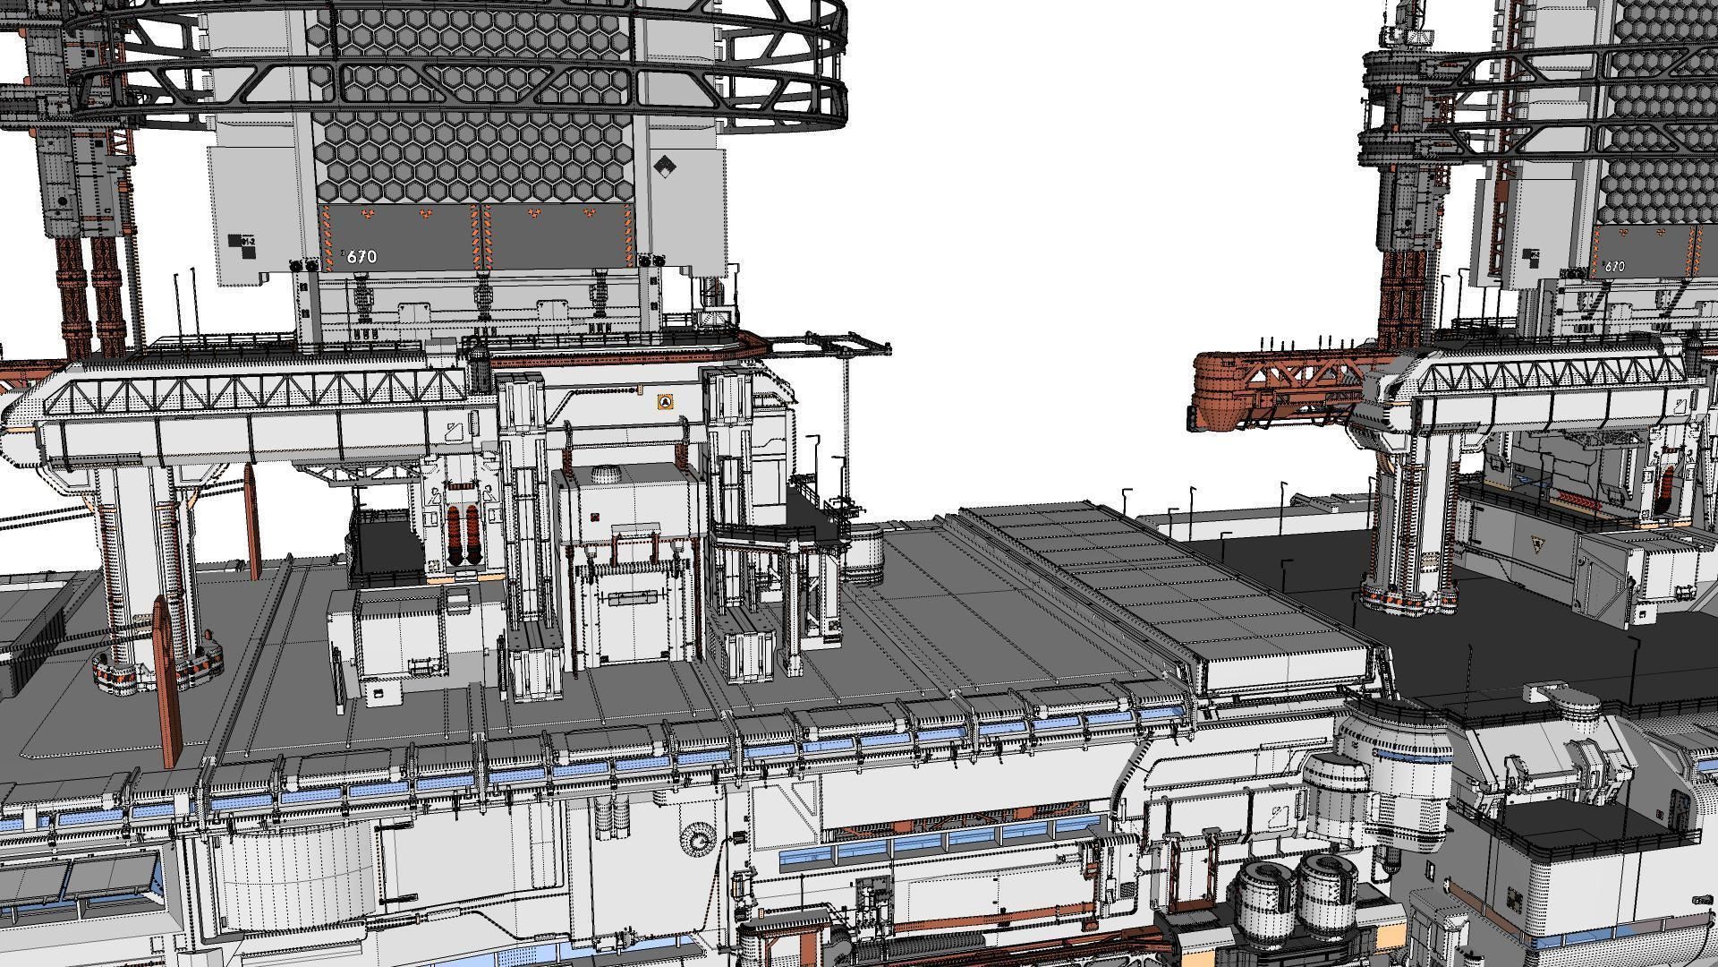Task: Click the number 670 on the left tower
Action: (x=361, y=257)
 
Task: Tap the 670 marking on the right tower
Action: (x=1614, y=267)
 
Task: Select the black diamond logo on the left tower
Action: (x=664, y=167)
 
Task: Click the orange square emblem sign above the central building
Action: (x=664, y=403)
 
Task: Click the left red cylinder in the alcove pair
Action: (x=454, y=535)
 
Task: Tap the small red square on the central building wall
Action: (x=595, y=518)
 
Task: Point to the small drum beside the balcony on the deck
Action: (x=863, y=548)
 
